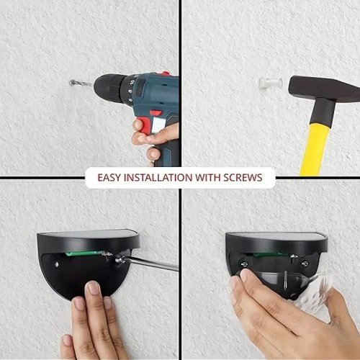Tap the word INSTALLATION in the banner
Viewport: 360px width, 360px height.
tap(158, 178)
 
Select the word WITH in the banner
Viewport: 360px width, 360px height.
tap(208, 178)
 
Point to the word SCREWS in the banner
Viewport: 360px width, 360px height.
tap(243, 178)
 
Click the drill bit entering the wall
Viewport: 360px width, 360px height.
tap(81, 84)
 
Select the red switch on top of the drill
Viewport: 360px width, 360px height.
tap(165, 73)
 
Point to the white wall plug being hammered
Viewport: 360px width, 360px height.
tap(271, 84)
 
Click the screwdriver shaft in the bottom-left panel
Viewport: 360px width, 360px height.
tap(149, 264)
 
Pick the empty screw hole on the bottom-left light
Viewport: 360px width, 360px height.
tap(57, 264)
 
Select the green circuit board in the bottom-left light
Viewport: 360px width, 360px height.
tap(87, 253)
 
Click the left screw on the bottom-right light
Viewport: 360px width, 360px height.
tap(244, 264)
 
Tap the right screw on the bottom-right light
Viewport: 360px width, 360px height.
tap(305, 264)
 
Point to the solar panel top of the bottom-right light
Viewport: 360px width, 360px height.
tap(276, 236)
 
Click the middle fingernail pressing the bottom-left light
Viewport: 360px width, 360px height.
tap(93, 287)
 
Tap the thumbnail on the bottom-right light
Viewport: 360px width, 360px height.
tap(246, 275)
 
